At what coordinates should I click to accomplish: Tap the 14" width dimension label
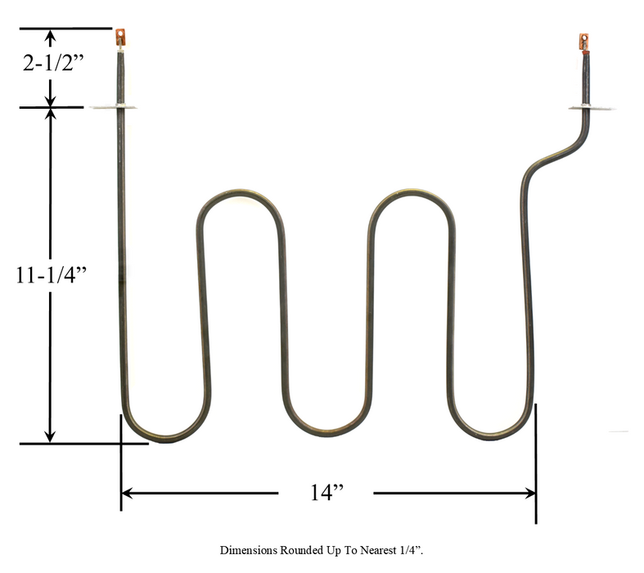(x=326, y=493)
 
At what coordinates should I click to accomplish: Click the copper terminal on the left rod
(x=121, y=37)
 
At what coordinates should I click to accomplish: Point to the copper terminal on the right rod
(x=583, y=41)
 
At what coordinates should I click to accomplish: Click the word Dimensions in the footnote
(x=245, y=551)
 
